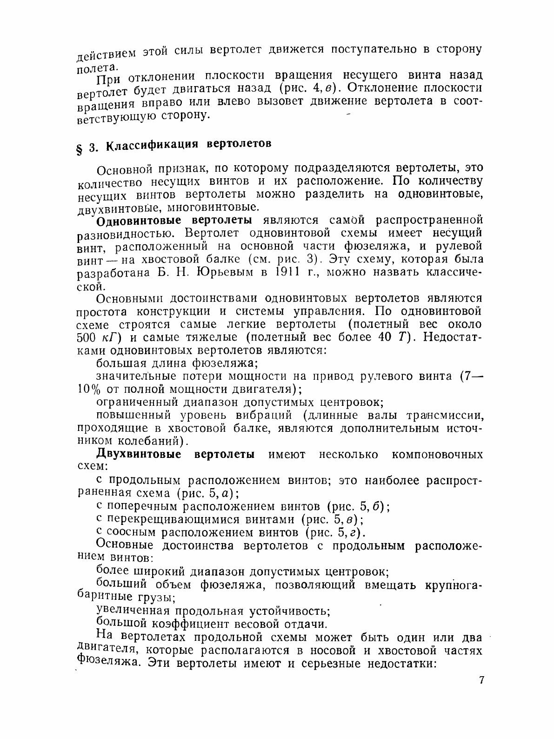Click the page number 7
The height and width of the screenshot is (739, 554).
pos(481,680)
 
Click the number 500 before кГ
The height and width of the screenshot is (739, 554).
pos(86,337)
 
